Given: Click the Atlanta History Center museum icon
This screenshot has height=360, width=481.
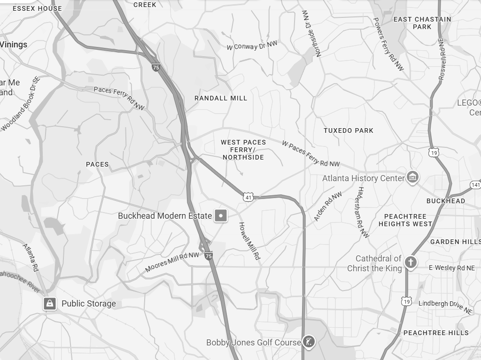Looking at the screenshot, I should pyautogui.click(x=412, y=177).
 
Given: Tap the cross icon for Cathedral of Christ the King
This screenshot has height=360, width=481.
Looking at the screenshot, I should pyautogui.click(x=411, y=262).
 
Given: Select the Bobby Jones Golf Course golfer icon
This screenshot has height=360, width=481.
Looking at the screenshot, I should pyautogui.click(x=308, y=342).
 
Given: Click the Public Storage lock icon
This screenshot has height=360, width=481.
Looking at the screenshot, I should pyautogui.click(x=50, y=303).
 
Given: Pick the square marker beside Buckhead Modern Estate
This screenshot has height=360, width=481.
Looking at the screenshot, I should pyautogui.click(x=221, y=216).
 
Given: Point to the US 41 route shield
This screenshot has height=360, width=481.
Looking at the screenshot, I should pyautogui.click(x=248, y=198).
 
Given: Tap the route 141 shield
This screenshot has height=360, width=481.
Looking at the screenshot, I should pyautogui.click(x=475, y=185).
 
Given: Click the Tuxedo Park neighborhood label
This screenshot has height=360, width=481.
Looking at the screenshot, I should pyautogui.click(x=349, y=130).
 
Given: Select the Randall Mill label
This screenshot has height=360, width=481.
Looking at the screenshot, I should pyautogui.click(x=221, y=98).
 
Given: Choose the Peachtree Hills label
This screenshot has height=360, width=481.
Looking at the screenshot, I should pyautogui.click(x=436, y=333).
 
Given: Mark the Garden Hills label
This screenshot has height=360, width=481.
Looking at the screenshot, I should pyautogui.click(x=455, y=242).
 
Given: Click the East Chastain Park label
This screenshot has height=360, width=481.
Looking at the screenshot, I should pyautogui.click(x=422, y=23).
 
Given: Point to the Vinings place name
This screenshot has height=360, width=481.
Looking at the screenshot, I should pyautogui.click(x=14, y=45).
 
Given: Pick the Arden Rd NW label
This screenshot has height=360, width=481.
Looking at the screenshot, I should pyautogui.click(x=328, y=207).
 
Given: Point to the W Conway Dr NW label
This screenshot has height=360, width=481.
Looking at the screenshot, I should pyautogui.click(x=252, y=46).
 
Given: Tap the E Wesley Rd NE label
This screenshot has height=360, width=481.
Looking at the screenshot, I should pyautogui.click(x=451, y=268).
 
